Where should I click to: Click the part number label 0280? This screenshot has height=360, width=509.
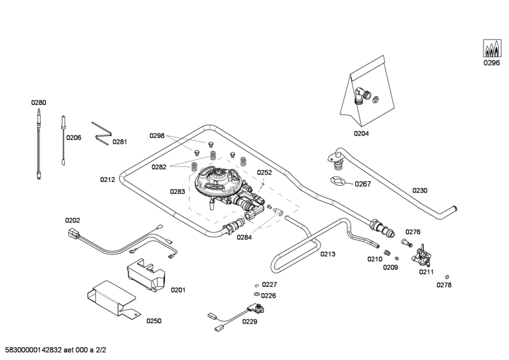[x=39, y=102]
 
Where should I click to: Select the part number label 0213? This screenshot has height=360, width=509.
[x=327, y=254]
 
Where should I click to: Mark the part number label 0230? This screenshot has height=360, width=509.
[x=419, y=190]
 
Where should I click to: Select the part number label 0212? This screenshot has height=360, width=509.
[x=107, y=179]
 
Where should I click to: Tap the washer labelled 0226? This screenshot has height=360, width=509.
[x=255, y=295]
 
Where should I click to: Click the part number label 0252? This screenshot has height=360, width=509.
[x=264, y=172]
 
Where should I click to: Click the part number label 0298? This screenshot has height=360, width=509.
[x=157, y=135]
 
